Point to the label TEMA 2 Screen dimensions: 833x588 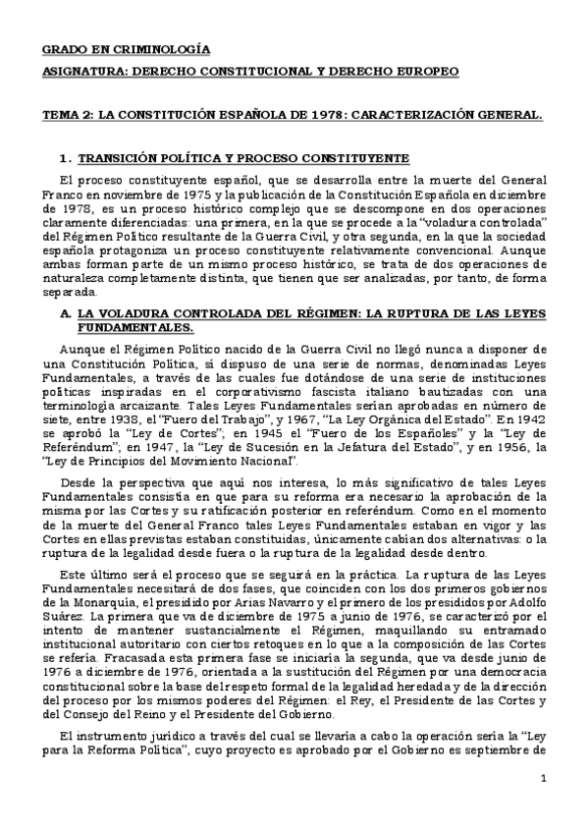coord(65,116)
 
